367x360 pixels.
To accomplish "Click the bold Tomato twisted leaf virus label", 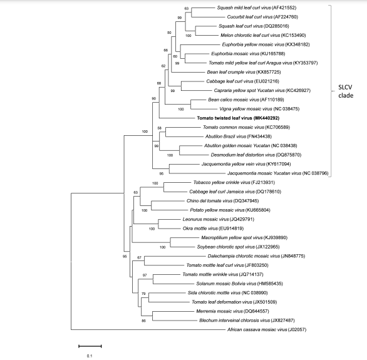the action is (238, 118).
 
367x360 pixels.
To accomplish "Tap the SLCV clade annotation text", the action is (346, 91).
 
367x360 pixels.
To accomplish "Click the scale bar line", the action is (90, 346).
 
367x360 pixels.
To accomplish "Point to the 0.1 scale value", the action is (90, 356).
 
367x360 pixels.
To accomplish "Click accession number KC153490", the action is (294, 35).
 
